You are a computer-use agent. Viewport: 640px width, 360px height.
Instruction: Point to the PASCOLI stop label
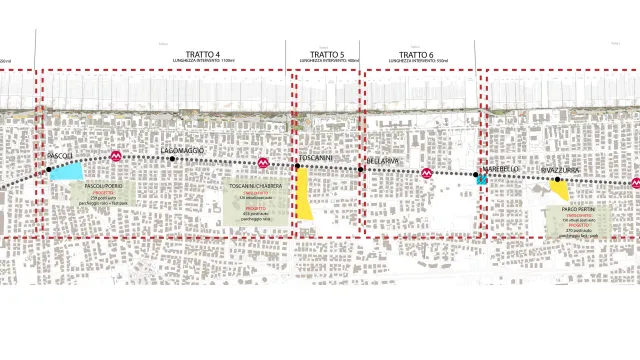pyautogui.click(x=61, y=156)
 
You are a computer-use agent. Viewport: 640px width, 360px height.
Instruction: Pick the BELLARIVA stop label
pyautogui.click(x=383, y=160)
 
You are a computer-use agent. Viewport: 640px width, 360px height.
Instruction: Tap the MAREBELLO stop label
pyautogui.click(x=503, y=169)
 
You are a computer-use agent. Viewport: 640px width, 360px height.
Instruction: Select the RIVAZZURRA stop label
pyautogui.click(x=561, y=170)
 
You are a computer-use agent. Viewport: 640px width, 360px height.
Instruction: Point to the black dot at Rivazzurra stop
pyautogui.click(x=558, y=180)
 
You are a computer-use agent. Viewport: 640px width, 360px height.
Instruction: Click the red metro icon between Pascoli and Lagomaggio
pyautogui.click(x=117, y=157)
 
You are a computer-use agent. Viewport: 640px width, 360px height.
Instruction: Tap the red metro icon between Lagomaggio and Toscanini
pyautogui.click(x=263, y=162)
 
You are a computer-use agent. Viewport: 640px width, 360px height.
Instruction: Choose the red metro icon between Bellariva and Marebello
pyautogui.click(x=427, y=172)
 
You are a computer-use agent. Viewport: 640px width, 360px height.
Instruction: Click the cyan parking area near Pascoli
pyautogui.click(x=67, y=171)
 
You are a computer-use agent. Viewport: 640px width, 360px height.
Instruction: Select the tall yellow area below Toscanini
pyautogui.click(x=303, y=194)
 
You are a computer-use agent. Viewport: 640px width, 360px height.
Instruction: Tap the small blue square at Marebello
pyautogui.click(x=482, y=181)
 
